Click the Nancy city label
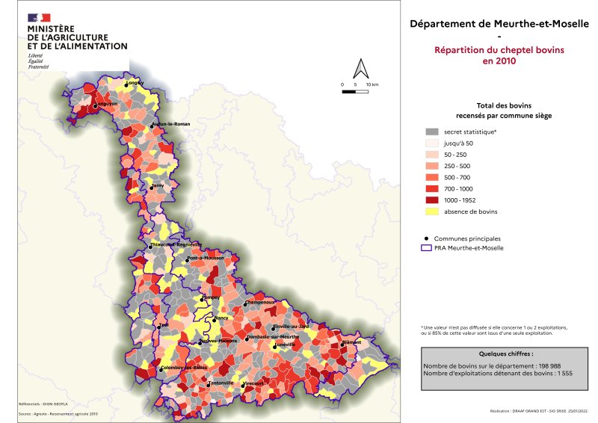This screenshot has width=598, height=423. [x=221, y=318]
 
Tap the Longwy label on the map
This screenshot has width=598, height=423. [x=135, y=83]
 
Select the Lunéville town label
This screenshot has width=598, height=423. [x=286, y=345]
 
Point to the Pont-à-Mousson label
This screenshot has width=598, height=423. [x=206, y=258]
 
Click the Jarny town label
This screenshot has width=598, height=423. [x=157, y=185]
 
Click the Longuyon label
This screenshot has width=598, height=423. [x=102, y=105]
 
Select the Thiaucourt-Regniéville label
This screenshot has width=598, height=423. [x=176, y=244]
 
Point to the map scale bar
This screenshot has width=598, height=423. [x=355, y=91]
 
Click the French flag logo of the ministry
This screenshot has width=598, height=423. [x=39, y=17]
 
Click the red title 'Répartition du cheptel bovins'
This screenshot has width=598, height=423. [x=499, y=50]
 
